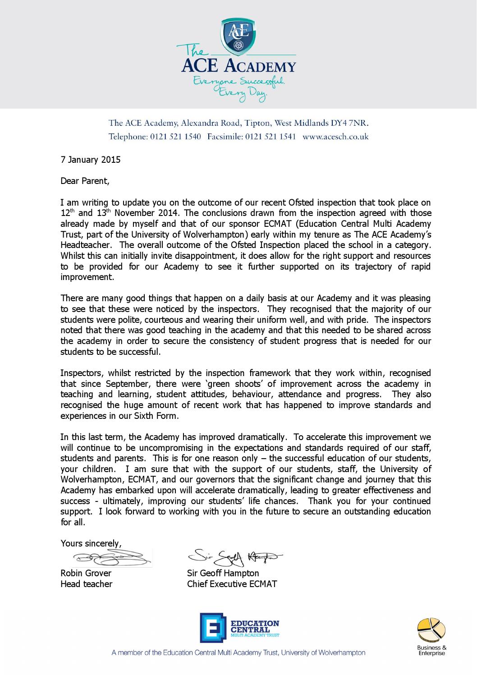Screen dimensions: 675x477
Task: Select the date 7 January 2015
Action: coord(91,159)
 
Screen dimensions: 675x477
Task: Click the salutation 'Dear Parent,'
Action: coord(85,181)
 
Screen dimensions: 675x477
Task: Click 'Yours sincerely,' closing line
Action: coord(91,543)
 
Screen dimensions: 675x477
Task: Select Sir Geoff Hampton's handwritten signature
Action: coord(235,558)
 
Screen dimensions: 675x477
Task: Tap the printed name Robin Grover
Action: coord(86,573)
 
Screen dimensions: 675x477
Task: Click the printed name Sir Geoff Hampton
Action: coord(223,573)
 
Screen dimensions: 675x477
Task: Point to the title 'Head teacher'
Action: coord(87,584)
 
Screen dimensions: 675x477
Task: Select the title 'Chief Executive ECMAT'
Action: coord(232,584)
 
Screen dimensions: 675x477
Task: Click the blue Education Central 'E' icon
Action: coord(212,628)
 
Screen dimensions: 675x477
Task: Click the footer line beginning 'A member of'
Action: coord(238,652)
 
